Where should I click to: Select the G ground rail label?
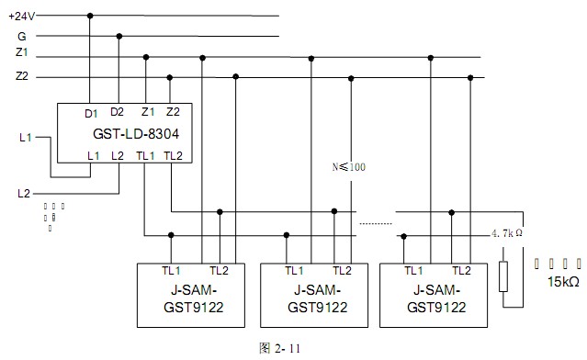[21, 36]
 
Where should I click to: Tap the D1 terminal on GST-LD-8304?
[91, 113]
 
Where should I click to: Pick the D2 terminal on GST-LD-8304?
[118, 112]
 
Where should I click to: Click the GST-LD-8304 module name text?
[135, 134]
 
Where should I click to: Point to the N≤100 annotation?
[348, 168]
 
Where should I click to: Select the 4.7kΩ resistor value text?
[507, 234]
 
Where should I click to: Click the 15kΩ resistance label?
[563, 281]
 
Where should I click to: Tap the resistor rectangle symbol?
[502, 276]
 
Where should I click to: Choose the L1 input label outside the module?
[26, 138]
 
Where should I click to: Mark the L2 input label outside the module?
[25, 194]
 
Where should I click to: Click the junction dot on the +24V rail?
[90, 16]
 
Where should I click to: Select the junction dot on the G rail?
[119, 36]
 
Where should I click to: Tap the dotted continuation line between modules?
[375, 223]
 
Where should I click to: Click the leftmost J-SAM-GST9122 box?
[191, 294]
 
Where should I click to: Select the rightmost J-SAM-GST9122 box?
[434, 294]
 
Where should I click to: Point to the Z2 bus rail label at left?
[22, 76]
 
